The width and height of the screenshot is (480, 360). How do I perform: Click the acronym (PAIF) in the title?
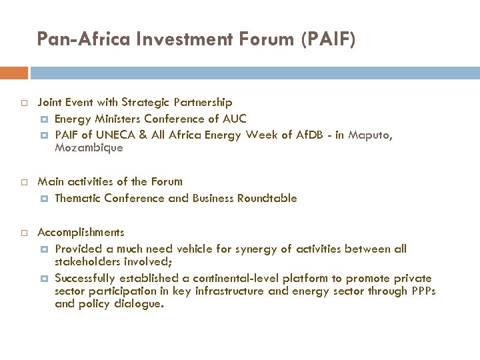click(x=329, y=40)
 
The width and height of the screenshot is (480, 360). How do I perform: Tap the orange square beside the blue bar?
click(x=14, y=72)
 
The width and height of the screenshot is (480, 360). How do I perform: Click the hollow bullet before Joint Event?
click(x=23, y=103)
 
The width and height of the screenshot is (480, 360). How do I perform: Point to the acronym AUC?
click(x=234, y=119)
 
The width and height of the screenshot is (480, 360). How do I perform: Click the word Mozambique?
click(x=89, y=148)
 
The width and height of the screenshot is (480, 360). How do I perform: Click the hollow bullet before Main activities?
click(x=23, y=181)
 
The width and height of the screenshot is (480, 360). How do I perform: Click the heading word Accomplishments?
click(x=81, y=233)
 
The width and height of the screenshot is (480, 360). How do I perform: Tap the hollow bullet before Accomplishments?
click(x=23, y=233)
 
